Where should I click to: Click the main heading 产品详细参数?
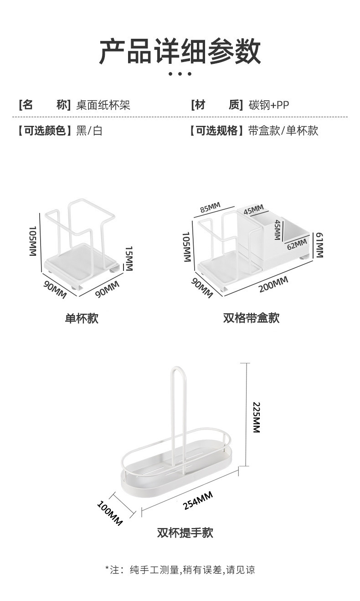(180, 51)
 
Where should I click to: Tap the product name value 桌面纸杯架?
(103, 105)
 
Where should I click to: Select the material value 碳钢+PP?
(268, 105)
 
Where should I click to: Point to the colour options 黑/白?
(89, 131)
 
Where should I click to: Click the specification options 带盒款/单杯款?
(283, 131)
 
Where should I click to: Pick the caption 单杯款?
(82, 318)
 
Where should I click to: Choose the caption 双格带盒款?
(251, 318)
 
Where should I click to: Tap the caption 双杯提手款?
(185, 532)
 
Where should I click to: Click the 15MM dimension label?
(129, 259)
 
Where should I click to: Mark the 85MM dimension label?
(210, 208)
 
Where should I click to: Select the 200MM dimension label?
(273, 285)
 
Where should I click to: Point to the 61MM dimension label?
(319, 245)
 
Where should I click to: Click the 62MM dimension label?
(297, 244)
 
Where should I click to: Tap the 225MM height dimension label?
(256, 417)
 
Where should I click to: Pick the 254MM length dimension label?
(198, 501)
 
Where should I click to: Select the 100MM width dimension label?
(110, 513)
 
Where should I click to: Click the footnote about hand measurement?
(180, 570)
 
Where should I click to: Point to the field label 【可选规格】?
(214, 131)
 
